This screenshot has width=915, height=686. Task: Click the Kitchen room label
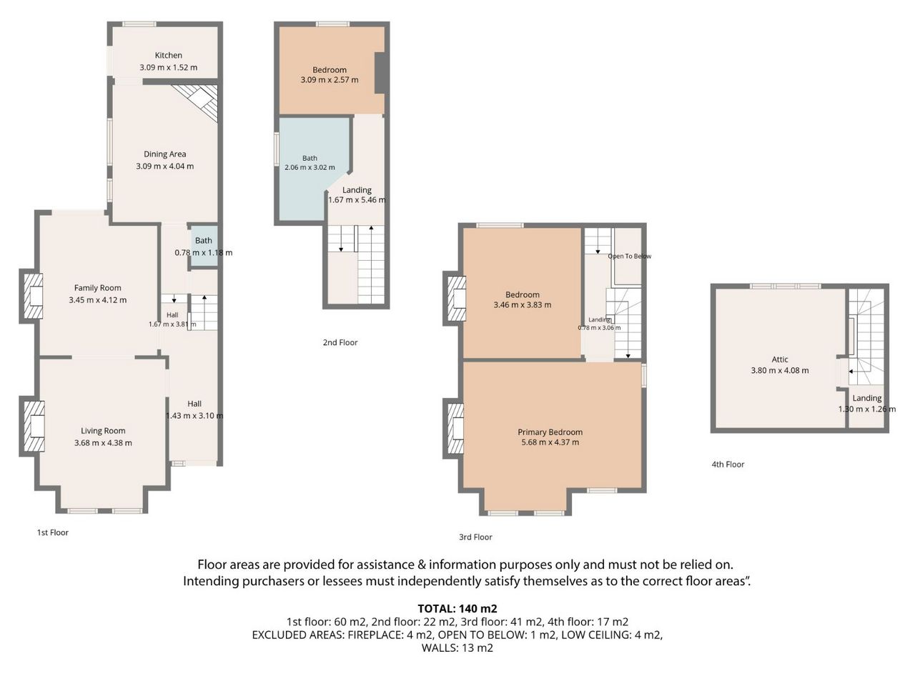169,55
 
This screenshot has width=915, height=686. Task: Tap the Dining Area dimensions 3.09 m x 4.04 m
164,166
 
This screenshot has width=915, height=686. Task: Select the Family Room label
97,288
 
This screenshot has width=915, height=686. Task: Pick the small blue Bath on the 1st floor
204,247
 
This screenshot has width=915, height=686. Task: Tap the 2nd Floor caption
340,342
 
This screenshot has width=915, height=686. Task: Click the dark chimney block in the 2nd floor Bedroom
380,73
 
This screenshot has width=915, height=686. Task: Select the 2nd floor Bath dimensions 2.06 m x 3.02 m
310,167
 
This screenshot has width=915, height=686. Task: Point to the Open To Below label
630,256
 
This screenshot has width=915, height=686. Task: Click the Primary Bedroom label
550,432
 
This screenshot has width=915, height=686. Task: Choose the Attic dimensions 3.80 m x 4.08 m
780,370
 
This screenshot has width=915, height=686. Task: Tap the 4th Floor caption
728,464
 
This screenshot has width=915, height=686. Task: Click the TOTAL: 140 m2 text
457,609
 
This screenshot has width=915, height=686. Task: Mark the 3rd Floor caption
475,537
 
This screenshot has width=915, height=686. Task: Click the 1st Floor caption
52,532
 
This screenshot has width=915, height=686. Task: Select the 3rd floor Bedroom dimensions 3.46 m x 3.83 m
523,305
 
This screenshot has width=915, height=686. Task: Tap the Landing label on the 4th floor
867,398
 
